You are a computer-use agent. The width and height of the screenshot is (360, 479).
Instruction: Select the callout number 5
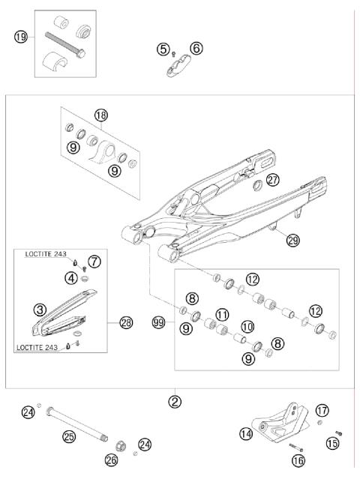pos(163,49)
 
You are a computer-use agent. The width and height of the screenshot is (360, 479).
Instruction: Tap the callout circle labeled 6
pos(196,49)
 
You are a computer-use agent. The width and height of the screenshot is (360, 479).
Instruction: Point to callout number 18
pos(102,115)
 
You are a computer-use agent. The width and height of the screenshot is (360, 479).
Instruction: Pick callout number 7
pos(94,262)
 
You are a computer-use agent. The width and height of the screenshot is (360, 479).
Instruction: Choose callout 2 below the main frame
pos(175,401)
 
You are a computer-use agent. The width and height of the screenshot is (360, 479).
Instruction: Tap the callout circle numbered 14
pos(246,433)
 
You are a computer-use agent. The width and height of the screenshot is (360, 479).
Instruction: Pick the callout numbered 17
pos(321,410)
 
